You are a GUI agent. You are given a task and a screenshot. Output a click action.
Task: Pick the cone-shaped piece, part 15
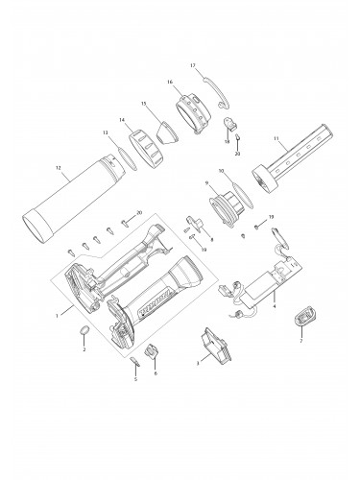[165, 129]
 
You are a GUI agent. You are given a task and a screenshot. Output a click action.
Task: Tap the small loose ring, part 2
[84, 330]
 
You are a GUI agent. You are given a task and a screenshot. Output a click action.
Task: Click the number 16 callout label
[169, 83]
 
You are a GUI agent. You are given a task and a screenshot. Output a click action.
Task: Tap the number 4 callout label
[275, 307]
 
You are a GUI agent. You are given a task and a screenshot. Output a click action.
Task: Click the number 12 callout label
[59, 168]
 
